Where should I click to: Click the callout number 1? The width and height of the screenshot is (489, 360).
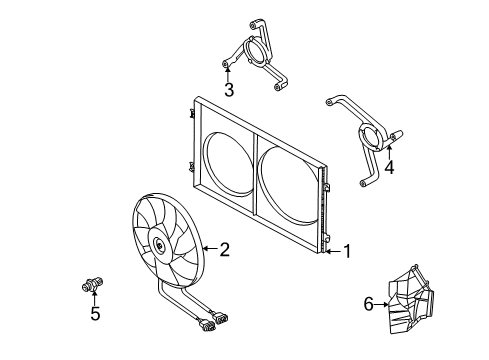[x=347, y=251]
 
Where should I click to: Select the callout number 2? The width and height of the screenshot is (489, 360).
[x=225, y=249]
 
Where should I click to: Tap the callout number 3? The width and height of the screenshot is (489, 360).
[x=229, y=90]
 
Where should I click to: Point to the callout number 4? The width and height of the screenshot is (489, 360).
[x=389, y=167]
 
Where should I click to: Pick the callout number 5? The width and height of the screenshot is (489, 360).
[x=95, y=314]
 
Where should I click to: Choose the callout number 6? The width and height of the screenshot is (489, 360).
[x=368, y=304]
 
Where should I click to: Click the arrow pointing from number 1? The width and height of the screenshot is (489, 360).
[x=333, y=251]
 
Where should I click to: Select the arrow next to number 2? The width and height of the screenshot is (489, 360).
[x=210, y=248]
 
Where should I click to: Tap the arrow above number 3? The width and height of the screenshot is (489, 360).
[x=228, y=74]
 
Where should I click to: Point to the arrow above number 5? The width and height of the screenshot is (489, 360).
[x=95, y=298]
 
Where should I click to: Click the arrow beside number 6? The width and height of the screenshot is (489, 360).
[x=381, y=304]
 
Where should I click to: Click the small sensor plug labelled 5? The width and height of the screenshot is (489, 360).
[x=92, y=284]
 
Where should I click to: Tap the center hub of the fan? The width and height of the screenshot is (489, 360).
[x=160, y=246]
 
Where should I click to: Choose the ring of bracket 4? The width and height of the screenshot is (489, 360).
[x=360, y=137]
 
